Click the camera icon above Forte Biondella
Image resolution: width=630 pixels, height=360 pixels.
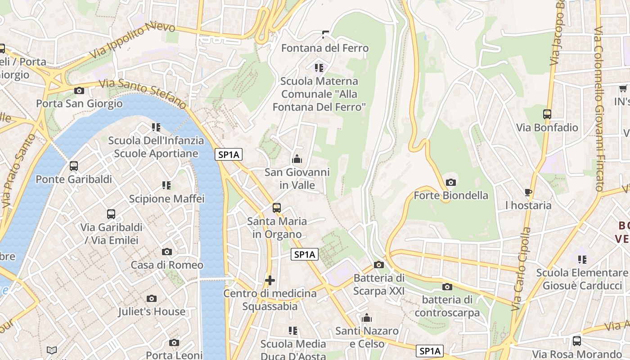[x=450, y=182]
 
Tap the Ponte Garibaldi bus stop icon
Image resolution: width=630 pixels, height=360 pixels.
[x=74, y=166]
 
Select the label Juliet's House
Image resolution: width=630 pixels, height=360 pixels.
[x=152, y=311]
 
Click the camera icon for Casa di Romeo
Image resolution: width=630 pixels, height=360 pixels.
[x=167, y=252]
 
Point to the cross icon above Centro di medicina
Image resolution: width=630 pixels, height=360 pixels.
[x=270, y=280]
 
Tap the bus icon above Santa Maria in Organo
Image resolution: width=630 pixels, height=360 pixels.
[x=277, y=208]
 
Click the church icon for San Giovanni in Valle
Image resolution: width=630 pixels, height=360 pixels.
[x=297, y=159]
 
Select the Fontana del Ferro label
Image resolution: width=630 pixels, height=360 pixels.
[x=325, y=48]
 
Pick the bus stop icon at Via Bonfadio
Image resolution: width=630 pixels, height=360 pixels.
[x=547, y=114]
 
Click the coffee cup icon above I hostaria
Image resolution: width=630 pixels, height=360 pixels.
[x=528, y=193]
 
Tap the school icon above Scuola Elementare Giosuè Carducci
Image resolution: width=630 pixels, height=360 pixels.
[x=582, y=260]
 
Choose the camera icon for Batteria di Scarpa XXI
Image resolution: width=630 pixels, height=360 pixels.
[x=379, y=265]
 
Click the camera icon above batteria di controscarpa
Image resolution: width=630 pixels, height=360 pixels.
[x=447, y=287]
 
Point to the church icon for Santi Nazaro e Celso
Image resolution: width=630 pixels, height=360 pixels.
[x=367, y=318]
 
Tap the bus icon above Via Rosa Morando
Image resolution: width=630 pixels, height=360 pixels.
[x=577, y=341]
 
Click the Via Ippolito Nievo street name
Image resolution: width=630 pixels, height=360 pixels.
[x=132, y=41]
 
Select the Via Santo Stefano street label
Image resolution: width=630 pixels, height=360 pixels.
[x=142, y=94]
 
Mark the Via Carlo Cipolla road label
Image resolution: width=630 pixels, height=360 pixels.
[x=521, y=269]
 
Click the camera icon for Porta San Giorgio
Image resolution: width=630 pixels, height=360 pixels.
[x=79, y=90]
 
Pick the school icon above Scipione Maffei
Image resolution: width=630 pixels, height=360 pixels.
[x=166, y=185]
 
